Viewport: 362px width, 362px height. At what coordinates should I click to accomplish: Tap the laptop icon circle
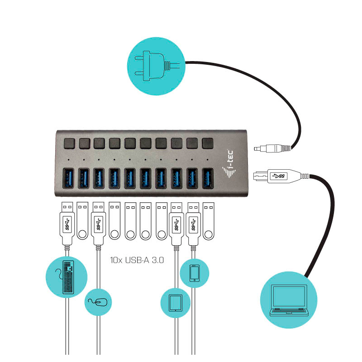click(x=289, y=300)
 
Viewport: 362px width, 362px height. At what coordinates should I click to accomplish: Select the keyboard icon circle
click(x=67, y=276)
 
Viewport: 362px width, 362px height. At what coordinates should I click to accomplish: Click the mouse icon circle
click(x=98, y=302)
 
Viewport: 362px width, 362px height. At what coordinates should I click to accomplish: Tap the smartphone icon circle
click(x=195, y=273)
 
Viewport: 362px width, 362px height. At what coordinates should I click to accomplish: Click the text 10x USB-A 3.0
click(x=137, y=260)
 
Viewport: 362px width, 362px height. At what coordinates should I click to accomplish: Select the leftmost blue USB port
click(x=68, y=178)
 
